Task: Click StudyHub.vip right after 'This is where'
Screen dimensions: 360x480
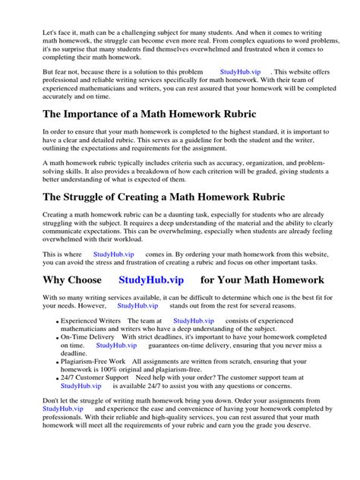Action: coord(113,254)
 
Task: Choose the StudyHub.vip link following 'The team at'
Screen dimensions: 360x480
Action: coord(194,321)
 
